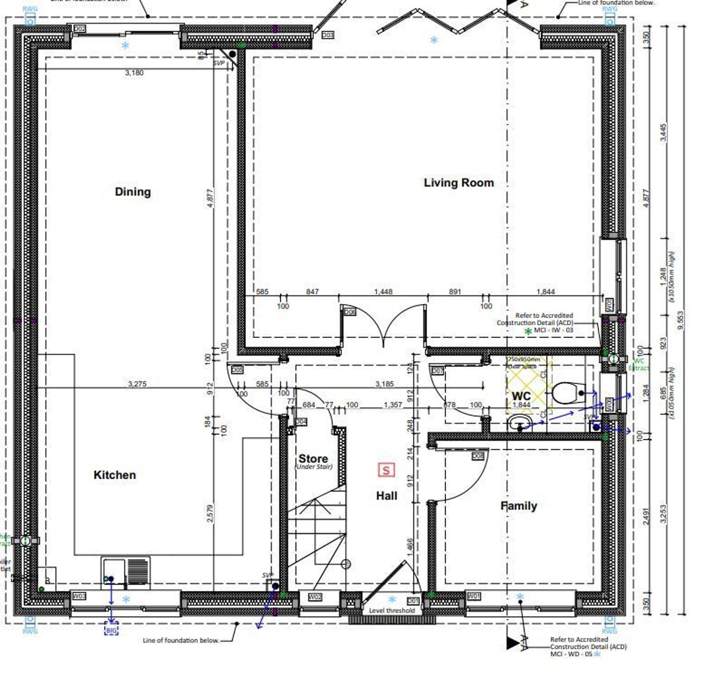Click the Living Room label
pos(459,183)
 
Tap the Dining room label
pos(133,192)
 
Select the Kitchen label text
pos(115,475)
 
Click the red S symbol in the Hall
pos(386,470)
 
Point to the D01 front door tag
pos(413,601)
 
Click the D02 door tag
pos(80,28)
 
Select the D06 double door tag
pos(350,312)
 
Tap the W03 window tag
pos(79,596)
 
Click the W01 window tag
pos(473,596)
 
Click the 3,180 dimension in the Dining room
pos(134,73)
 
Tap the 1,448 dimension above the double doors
pos(383,291)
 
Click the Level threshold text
pos(392,611)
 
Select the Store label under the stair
pos(313,458)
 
